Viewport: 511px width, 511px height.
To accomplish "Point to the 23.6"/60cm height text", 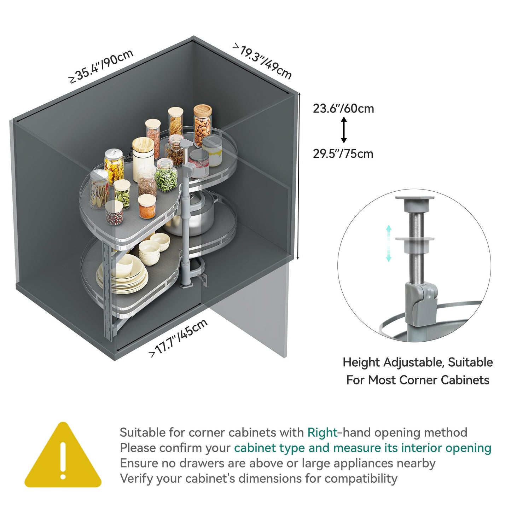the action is click(x=343, y=109).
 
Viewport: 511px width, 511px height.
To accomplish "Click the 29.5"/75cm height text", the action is click(x=343, y=154).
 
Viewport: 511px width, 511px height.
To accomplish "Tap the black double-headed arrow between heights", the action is click(x=344, y=130).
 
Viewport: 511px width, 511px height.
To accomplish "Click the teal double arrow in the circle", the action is click(x=389, y=243).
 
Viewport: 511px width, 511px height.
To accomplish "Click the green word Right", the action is click(x=322, y=432).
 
